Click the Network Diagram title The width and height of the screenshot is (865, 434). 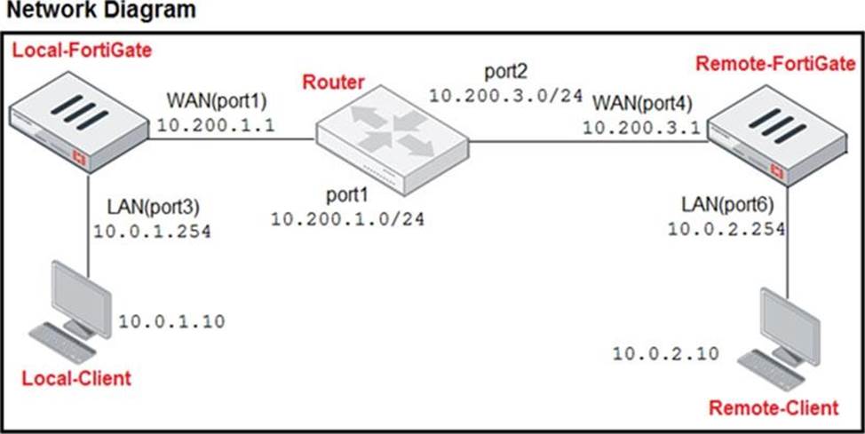click(x=99, y=10)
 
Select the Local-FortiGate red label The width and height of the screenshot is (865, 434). click(x=83, y=51)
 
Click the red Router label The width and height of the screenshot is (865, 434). click(x=333, y=83)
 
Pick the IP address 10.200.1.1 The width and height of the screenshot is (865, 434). click(x=216, y=125)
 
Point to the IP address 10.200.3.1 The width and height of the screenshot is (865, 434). click(x=641, y=128)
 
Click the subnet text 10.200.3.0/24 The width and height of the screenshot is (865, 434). click(x=506, y=95)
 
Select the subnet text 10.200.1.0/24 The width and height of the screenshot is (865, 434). click(x=347, y=219)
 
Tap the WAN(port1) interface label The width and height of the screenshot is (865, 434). click(x=217, y=102)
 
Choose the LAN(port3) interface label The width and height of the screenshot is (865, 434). click(x=153, y=208)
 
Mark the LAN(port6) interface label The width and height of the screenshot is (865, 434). click(x=727, y=205)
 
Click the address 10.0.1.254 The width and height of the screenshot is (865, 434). click(x=152, y=232)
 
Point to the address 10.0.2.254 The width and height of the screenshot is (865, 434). click(x=726, y=229)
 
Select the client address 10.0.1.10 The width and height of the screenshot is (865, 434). click(x=172, y=321)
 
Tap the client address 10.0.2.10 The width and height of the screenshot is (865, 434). click(x=665, y=353)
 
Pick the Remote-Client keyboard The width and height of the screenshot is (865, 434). click(x=771, y=371)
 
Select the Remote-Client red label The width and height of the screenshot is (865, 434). click(x=774, y=408)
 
